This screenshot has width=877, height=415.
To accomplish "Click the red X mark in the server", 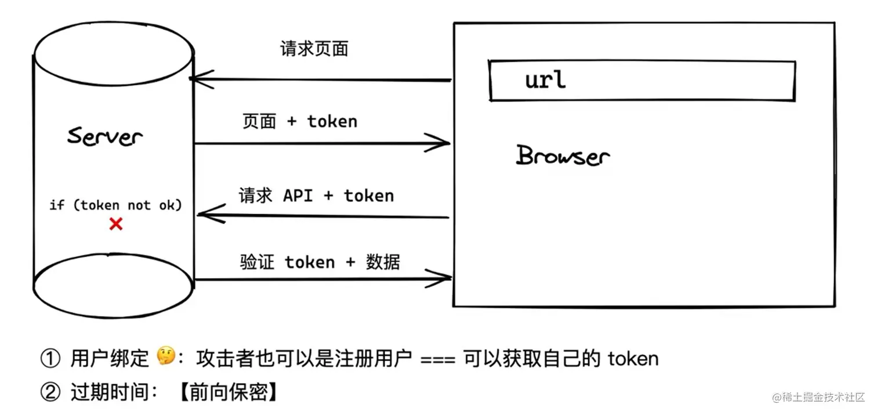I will [x=116, y=224].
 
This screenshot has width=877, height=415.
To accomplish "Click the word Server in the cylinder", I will [x=105, y=137].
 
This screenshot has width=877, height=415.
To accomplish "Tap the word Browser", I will [x=563, y=156].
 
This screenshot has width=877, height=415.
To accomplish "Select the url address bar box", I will [x=642, y=81].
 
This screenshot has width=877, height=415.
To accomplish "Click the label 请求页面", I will [x=314, y=49].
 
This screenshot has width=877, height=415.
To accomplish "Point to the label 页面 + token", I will [x=299, y=121].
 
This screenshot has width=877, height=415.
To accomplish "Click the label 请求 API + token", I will [x=316, y=196].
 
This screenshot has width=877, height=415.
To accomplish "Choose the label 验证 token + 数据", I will [x=320, y=262].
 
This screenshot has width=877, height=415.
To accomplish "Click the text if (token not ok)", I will [x=115, y=205].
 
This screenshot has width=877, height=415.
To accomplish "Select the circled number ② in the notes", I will [x=50, y=393].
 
